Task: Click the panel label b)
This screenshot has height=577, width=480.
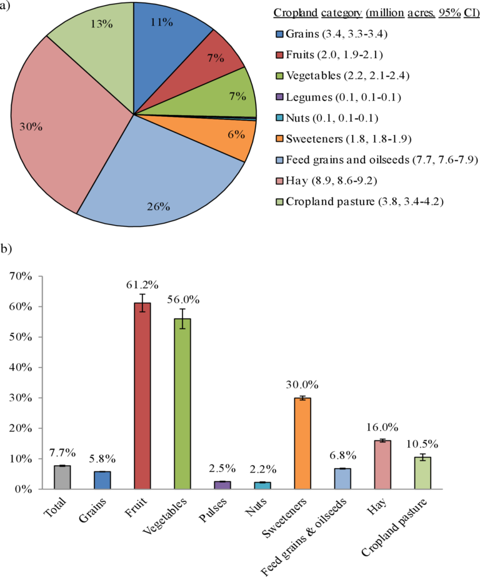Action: pyautogui.click(x=7, y=249)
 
